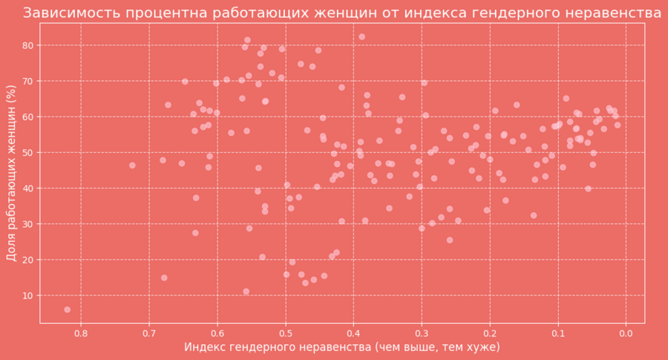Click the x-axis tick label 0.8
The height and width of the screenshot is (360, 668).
point(81,333)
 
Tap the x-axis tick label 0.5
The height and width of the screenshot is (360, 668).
point(285,333)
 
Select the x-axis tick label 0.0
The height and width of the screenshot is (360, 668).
point(626,333)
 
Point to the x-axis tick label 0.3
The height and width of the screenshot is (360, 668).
point(422,333)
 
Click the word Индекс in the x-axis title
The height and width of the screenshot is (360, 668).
point(206,347)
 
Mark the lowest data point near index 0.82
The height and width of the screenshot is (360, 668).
point(68,310)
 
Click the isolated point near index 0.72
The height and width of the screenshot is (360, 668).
point(132,166)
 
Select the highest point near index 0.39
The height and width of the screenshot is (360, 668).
point(361,36)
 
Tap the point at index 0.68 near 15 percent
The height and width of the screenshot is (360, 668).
point(164,278)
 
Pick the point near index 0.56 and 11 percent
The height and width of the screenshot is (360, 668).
point(246,292)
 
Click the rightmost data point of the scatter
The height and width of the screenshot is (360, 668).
point(618,125)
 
